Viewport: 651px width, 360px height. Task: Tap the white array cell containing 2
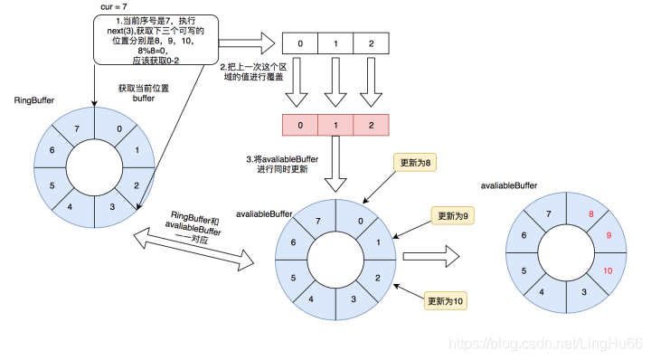pyautogui.click(x=371, y=43)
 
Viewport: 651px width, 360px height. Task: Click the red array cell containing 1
pyautogui.click(x=335, y=126)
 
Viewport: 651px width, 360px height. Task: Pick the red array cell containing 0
pyautogui.click(x=300, y=126)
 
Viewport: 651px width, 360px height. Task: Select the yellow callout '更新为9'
pyautogui.click(x=457, y=217)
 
